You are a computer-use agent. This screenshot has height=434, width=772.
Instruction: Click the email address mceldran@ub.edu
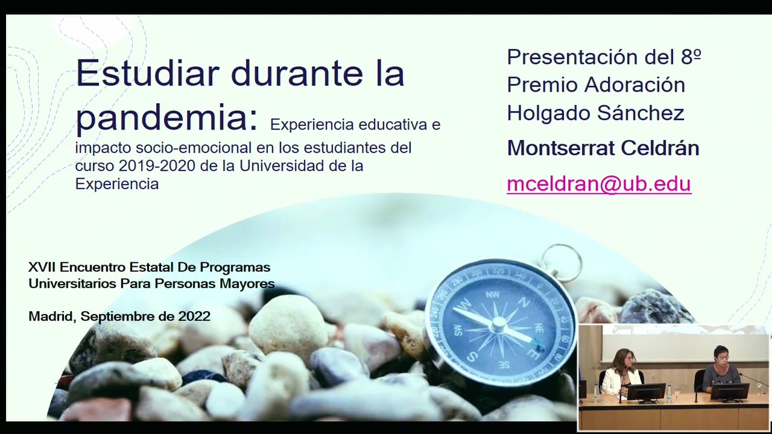click(x=599, y=184)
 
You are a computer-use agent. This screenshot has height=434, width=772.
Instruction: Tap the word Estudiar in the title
click(x=148, y=74)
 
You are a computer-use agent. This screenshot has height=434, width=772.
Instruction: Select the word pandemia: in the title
click(x=167, y=118)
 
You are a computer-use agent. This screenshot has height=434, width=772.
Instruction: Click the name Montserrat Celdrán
click(x=603, y=148)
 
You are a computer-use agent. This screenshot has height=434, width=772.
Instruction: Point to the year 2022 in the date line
click(x=194, y=316)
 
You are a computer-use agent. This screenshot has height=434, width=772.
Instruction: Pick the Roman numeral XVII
click(x=42, y=267)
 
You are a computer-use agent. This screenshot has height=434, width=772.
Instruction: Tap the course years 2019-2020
click(x=157, y=166)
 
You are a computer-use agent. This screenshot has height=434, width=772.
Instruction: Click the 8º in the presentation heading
click(x=691, y=57)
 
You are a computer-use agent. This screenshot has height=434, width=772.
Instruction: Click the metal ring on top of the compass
click(x=561, y=262)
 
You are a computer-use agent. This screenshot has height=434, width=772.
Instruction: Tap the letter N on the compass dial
click(x=524, y=303)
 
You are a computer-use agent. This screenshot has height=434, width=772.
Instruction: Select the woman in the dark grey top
click(x=721, y=370)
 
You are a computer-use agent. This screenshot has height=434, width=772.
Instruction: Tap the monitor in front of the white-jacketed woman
click(x=646, y=392)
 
